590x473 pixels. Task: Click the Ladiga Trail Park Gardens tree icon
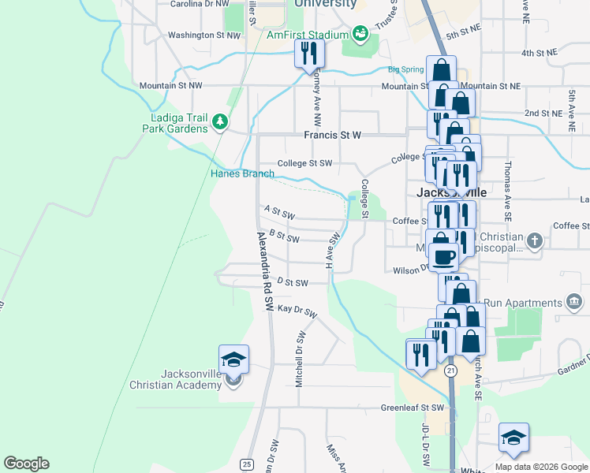click(x=219, y=122)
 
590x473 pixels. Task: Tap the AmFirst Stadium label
click(x=307, y=35)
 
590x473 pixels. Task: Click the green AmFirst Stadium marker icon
click(x=360, y=33)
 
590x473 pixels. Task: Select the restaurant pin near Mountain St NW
click(x=308, y=54)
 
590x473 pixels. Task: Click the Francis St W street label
click(x=332, y=135)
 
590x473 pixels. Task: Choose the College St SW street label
click(x=304, y=164)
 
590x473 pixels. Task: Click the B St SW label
click(x=284, y=236)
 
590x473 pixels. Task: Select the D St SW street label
click(x=291, y=281)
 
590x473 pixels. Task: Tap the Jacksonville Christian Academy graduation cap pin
click(x=234, y=359)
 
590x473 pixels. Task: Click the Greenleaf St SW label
click(x=413, y=408)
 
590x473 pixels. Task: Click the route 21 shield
click(x=450, y=369)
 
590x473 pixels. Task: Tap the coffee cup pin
click(x=443, y=255)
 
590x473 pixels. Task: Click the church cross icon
click(x=535, y=240)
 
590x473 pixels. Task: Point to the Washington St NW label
click(x=204, y=35)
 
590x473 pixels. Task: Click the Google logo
click(x=26, y=464)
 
